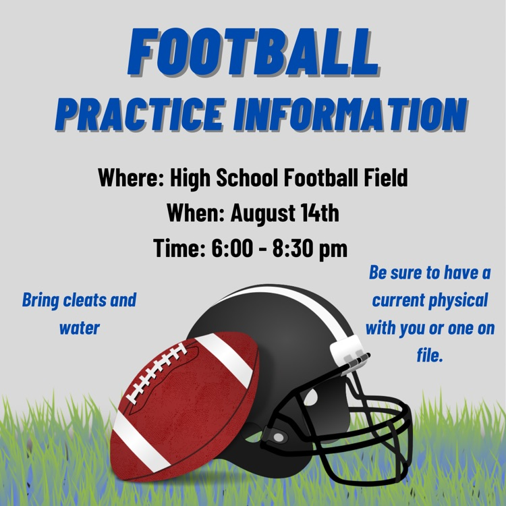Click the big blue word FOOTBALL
click(x=253, y=52)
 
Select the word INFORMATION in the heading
click(x=351, y=114)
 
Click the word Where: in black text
click(x=132, y=177)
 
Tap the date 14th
click(x=320, y=213)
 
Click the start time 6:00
click(x=232, y=248)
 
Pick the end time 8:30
click(x=293, y=248)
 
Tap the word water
click(x=80, y=328)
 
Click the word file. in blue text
click(x=430, y=355)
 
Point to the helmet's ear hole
click(x=311, y=396)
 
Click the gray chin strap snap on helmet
click(x=278, y=438)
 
